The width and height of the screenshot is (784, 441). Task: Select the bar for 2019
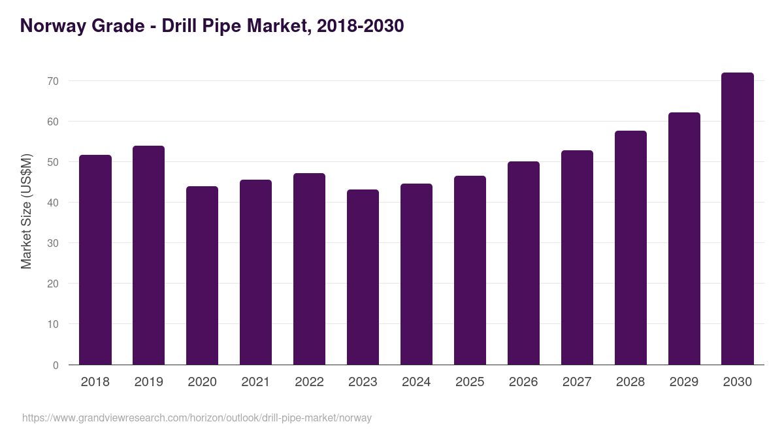[x=149, y=255]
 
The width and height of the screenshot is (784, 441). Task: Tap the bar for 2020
[x=203, y=275]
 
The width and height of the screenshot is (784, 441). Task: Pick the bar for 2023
[x=363, y=277]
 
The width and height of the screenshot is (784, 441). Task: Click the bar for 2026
[x=524, y=263]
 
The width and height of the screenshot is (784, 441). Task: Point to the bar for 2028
[x=631, y=248]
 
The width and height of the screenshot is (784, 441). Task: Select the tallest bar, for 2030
[x=738, y=218]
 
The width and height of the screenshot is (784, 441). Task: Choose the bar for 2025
[x=470, y=270]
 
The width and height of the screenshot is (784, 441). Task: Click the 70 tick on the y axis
[x=52, y=81]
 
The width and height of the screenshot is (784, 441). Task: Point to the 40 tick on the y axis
[x=52, y=203]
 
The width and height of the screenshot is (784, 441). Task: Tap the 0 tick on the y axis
[x=56, y=365]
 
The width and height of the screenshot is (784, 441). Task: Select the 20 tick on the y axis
[x=52, y=284]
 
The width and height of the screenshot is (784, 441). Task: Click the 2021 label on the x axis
[x=255, y=382]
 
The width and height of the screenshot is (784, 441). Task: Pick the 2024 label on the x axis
[x=416, y=382]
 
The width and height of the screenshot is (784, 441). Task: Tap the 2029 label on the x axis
[x=684, y=382]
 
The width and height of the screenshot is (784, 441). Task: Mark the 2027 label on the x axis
[x=577, y=382]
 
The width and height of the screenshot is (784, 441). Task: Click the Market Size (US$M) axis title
[x=26, y=211]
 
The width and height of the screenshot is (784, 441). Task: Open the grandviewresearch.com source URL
[x=197, y=417]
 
